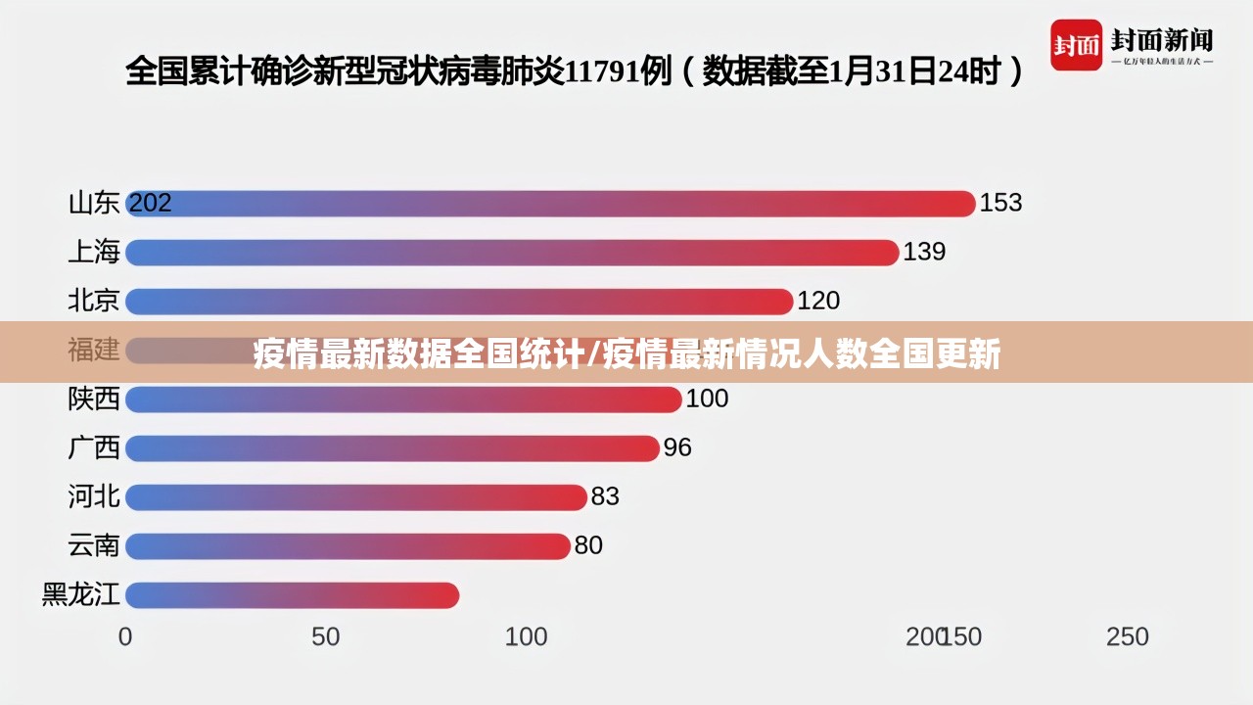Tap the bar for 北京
[459, 302]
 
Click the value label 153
[1000, 203]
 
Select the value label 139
[924, 252]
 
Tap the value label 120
[818, 301]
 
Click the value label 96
[677, 447]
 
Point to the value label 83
[605, 496]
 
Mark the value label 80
[588, 545]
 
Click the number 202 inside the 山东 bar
[151, 203]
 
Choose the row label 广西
[94, 447]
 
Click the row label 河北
[94, 496]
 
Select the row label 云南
[94, 545]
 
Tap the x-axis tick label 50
[326, 636]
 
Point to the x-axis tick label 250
[1128, 636]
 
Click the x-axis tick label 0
[125, 636]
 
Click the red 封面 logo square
[1076, 45]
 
